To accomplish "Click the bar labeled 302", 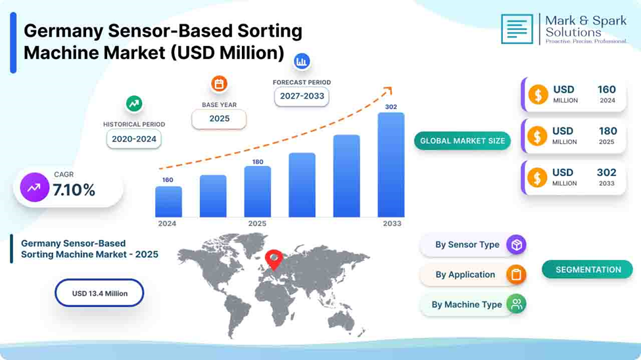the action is [391, 165].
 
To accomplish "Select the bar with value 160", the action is [168, 202].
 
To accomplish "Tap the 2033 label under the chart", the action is [392, 223].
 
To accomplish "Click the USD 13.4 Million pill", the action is [99, 293].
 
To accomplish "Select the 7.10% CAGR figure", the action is [74, 190].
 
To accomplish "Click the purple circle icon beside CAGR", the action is [34, 188].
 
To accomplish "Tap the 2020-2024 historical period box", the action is [134, 139].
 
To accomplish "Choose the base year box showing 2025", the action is [219, 119].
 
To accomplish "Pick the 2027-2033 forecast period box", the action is [302, 97].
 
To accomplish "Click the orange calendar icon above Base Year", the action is [219, 84].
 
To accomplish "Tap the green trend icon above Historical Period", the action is [134, 104].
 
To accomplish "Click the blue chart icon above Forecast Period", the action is [302, 61].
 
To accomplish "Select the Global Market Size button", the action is [462, 141].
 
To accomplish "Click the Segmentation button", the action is [588, 270].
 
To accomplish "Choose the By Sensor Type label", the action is [467, 245].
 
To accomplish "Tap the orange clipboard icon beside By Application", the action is [516, 275].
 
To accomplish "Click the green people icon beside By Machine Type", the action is [516, 304].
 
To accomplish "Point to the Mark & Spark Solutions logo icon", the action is [517, 29].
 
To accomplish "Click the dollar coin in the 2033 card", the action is [537, 178].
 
